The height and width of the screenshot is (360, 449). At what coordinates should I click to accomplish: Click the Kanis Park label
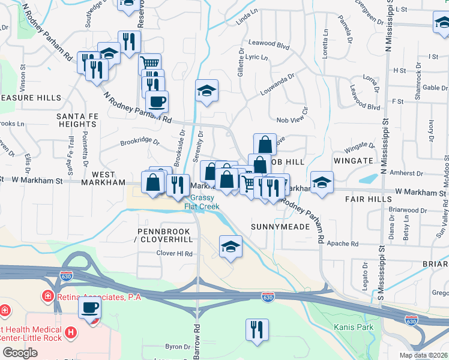(x=354, y=327)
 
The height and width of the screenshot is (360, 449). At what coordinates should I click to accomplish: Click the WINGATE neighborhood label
(x=358, y=161)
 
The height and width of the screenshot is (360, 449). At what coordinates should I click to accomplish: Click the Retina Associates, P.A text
(x=99, y=296)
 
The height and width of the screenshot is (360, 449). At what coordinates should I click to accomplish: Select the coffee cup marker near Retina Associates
(x=90, y=308)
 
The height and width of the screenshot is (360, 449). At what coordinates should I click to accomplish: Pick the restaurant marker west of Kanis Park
(x=257, y=329)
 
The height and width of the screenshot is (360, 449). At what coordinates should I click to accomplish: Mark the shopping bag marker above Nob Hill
(x=265, y=144)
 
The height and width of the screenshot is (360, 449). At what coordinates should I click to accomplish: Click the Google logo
(x=20, y=352)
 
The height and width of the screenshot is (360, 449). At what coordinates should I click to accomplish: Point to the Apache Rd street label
(x=344, y=244)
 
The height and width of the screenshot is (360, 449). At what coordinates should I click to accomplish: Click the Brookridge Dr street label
(x=139, y=143)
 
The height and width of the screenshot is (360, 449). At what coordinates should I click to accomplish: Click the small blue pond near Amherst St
(x=368, y=178)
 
